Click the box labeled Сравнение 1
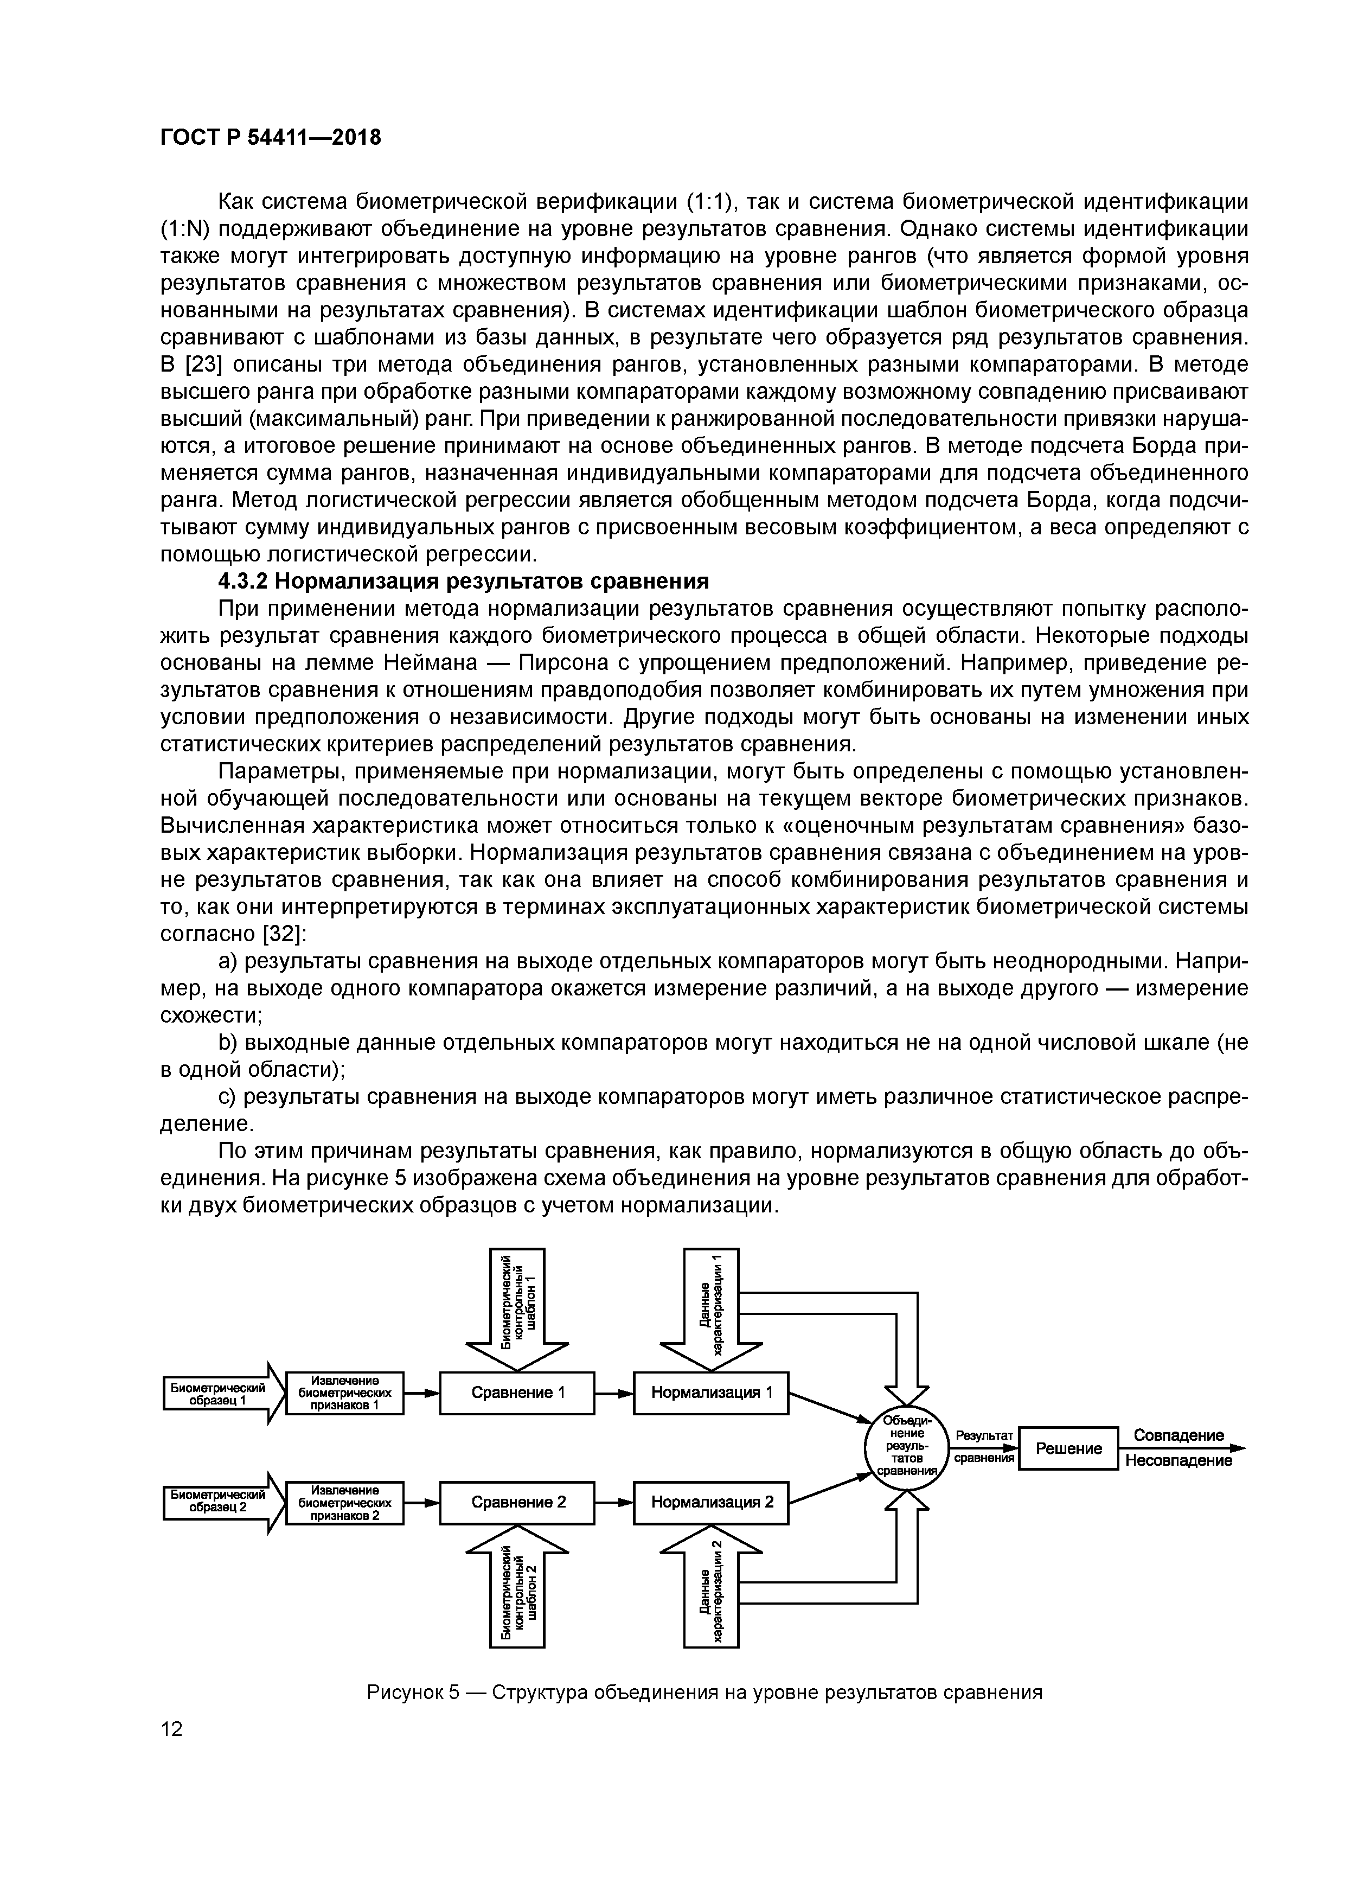click(516, 1393)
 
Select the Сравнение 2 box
click(516, 1502)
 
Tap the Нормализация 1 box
click(710, 1393)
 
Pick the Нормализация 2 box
click(710, 1502)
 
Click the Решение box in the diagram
click(1068, 1448)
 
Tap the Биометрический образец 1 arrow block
click(217, 1393)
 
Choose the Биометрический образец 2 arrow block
click(217, 1502)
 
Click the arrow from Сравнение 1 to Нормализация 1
click(613, 1393)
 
